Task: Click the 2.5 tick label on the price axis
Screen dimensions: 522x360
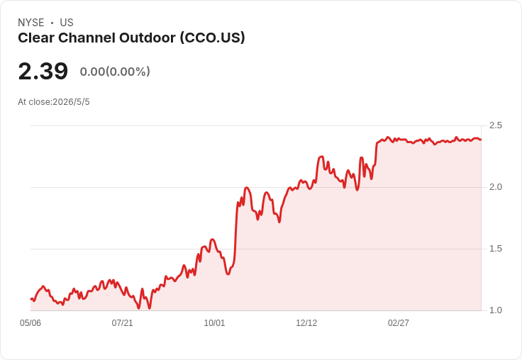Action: click(x=495, y=125)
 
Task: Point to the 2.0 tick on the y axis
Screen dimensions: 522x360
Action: click(x=495, y=187)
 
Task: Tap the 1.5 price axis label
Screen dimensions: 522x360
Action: click(x=495, y=249)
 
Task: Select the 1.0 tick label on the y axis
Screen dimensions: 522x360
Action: click(x=495, y=310)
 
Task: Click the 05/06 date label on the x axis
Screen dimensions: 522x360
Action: click(x=30, y=323)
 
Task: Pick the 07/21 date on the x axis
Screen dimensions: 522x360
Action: click(x=122, y=323)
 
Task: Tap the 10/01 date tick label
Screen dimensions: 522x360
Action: click(x=214, y=323)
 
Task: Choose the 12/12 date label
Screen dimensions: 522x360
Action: click(x=306, y=323)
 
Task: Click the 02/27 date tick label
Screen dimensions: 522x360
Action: click(x=398, y=323)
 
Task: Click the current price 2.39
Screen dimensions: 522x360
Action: click(x=43, y=71)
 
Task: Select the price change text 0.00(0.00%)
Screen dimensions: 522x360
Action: click(x=115, y=72)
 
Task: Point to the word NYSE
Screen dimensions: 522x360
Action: click(x=31, y=23)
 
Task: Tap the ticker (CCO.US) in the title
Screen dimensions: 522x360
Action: click(x=212, y=38)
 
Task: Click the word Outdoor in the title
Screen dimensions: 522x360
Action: click(x=147, y=38)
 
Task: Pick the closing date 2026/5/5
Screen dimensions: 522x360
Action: click(x=71, y=102)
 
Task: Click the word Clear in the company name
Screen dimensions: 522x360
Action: click(x=36, y=38)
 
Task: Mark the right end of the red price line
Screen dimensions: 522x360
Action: click(x=481, y=140)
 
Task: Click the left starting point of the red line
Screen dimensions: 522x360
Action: click(x=31, y=299)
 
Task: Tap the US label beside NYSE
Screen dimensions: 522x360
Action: click(x=67, y=23)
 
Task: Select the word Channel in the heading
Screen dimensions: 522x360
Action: click(x=87, y=38)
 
